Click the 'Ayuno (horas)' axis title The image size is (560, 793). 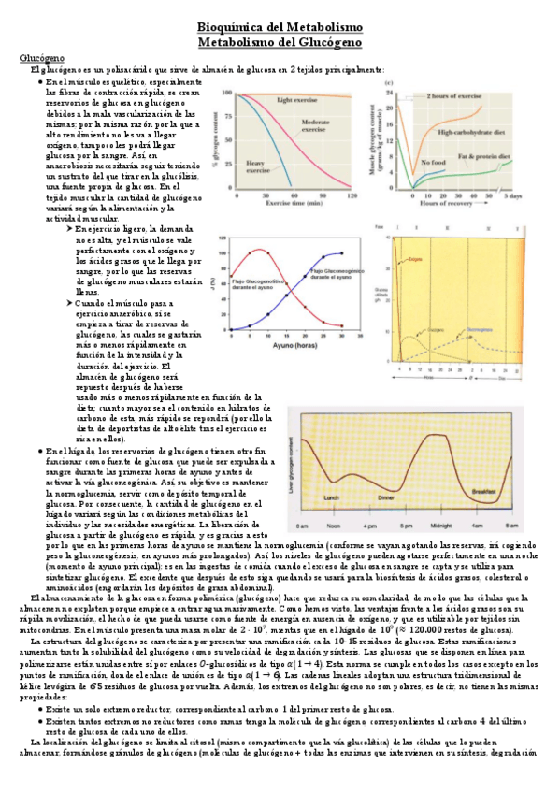pos(287,346)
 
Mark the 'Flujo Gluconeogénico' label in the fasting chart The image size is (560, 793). pos(328,273)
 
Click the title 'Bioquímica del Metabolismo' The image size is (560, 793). pos(279,29)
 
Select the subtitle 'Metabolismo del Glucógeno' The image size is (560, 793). pos(279,44)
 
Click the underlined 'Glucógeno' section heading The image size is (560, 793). pos(39,59)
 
